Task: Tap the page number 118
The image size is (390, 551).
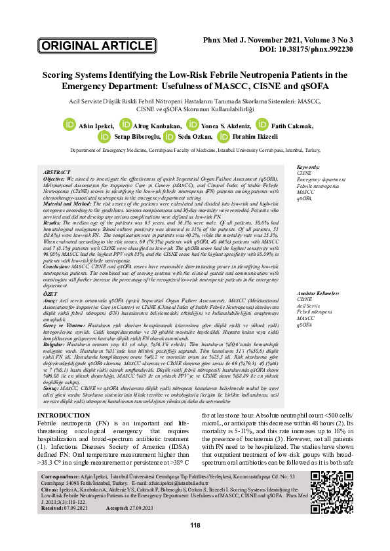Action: pos(195,525)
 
